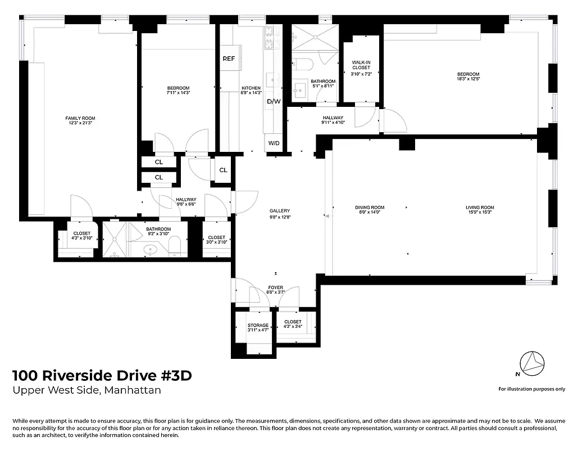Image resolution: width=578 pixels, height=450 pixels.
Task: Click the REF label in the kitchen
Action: [228, 59]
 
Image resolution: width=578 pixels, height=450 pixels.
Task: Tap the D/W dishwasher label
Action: [274, 102]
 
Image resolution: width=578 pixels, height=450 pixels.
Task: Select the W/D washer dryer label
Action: [274, 143]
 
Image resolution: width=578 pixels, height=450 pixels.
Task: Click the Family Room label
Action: [80, 118]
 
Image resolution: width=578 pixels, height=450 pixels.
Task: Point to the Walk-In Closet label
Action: [361, 65]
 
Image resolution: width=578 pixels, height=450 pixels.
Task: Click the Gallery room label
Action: [279, 211]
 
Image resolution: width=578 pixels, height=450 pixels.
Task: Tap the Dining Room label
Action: [370, 208]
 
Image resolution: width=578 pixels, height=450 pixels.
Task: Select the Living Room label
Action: [480, 208]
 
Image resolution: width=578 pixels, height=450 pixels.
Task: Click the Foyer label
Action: [275, 287]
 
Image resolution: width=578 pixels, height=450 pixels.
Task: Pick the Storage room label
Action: [258, 325]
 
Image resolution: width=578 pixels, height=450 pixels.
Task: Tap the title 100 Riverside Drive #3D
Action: [102, 376]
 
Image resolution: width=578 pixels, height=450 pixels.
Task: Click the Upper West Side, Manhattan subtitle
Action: [87, 390]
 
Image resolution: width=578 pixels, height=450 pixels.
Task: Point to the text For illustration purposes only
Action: [531, 389]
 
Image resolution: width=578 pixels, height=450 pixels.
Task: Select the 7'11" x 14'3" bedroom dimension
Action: [178, 93]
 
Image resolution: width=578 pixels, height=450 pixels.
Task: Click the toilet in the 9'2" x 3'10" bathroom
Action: [175, 246]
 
